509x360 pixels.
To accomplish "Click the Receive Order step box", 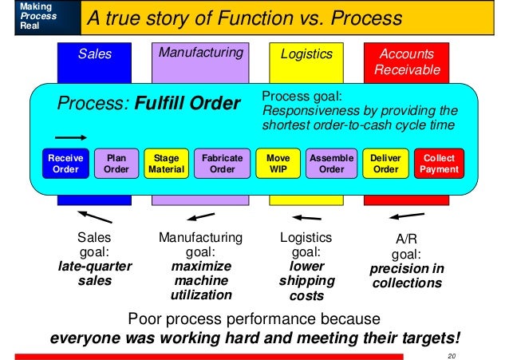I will click(65, 164).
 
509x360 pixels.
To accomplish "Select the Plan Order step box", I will click(116, 164).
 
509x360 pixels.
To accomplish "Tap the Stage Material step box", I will click(167, 164).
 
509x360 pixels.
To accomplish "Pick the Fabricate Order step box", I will click(222, 164).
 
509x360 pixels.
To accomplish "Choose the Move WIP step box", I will click(278, 164).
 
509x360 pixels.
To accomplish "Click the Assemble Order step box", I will click(331, 164).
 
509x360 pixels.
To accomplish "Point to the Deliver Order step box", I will click(386, 164).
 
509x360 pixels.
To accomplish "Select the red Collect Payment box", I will click(440, 164).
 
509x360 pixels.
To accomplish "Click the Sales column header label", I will click(95, 54).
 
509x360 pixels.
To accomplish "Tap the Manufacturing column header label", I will click(200, 53).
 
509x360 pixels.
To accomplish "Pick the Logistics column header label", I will click(306, 54).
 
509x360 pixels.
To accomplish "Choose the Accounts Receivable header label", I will click(407, 62).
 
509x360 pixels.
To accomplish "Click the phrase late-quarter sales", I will click(95, 273).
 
